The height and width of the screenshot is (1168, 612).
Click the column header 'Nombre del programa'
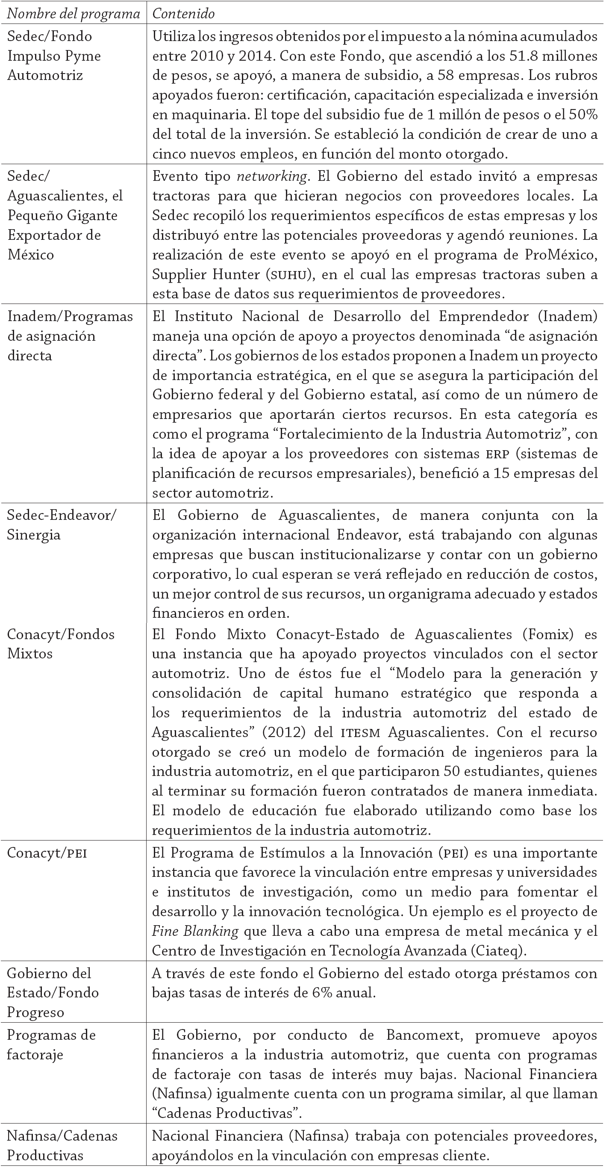[74, 14]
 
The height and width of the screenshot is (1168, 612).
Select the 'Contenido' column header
[184, 14]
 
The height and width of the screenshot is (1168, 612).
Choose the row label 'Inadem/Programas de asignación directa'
[70, 336]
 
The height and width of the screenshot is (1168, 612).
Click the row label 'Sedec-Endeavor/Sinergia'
[61, 525]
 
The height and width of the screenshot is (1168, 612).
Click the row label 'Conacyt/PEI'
[47, 853]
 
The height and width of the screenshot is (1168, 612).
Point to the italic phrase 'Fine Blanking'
[195, 931]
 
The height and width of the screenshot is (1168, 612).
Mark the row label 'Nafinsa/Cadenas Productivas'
[62, 1145]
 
